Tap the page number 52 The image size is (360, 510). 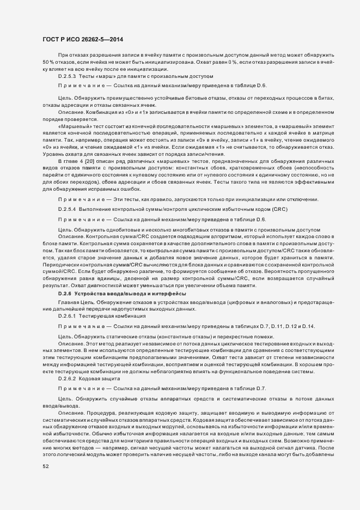click(x=46, y=466)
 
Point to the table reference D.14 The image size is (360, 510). click(x=309, y=326)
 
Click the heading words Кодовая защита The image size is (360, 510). click(x=96, y=378)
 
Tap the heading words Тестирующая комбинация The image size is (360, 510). click(x=107, y=315)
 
